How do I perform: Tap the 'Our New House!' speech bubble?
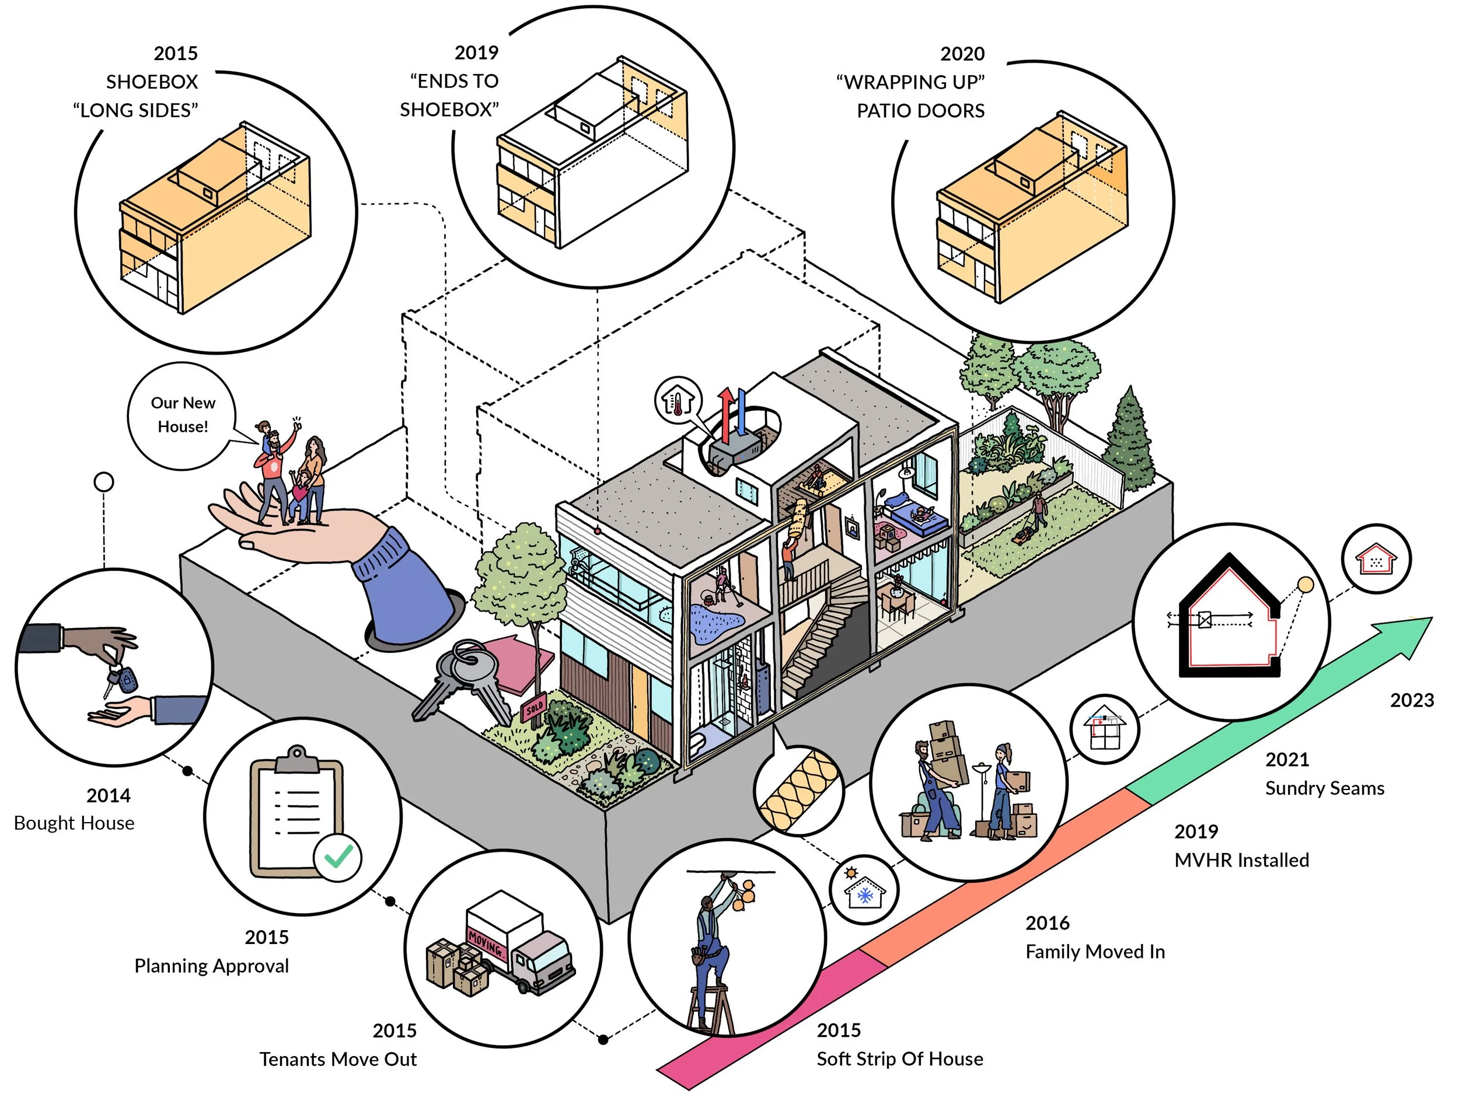pos(182,415)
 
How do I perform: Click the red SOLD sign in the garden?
pos(533,709)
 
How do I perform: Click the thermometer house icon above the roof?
pos(678,400)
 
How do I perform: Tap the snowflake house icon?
pos(864,893)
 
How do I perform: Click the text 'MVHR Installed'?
pos(1241,861)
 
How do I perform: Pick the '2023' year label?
pos(1412,700)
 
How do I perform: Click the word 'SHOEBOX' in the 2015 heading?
pos(152,82)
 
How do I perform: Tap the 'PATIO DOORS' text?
pos(920,111)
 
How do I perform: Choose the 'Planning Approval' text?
pos(211,966)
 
